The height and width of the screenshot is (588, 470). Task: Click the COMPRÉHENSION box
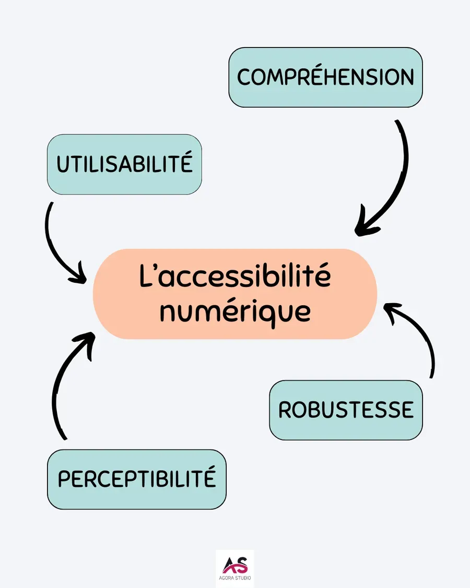click(x=325, y=77)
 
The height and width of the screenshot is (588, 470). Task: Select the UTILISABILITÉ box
click(x=124, y=164)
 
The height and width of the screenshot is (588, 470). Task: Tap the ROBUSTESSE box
click(x=346, y=410)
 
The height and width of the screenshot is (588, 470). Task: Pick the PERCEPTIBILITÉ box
click(x=137, y=479)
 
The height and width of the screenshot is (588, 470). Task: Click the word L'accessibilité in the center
click(x=235, y=277)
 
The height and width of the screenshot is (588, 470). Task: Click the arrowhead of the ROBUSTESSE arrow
click(x=391, y=309)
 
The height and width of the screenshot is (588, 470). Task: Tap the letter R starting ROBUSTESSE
click(x=285, y=410)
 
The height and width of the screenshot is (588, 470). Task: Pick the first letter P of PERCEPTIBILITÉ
click(x=64, y=479)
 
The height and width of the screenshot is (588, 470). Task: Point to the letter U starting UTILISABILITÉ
click(x=63, y=165)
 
